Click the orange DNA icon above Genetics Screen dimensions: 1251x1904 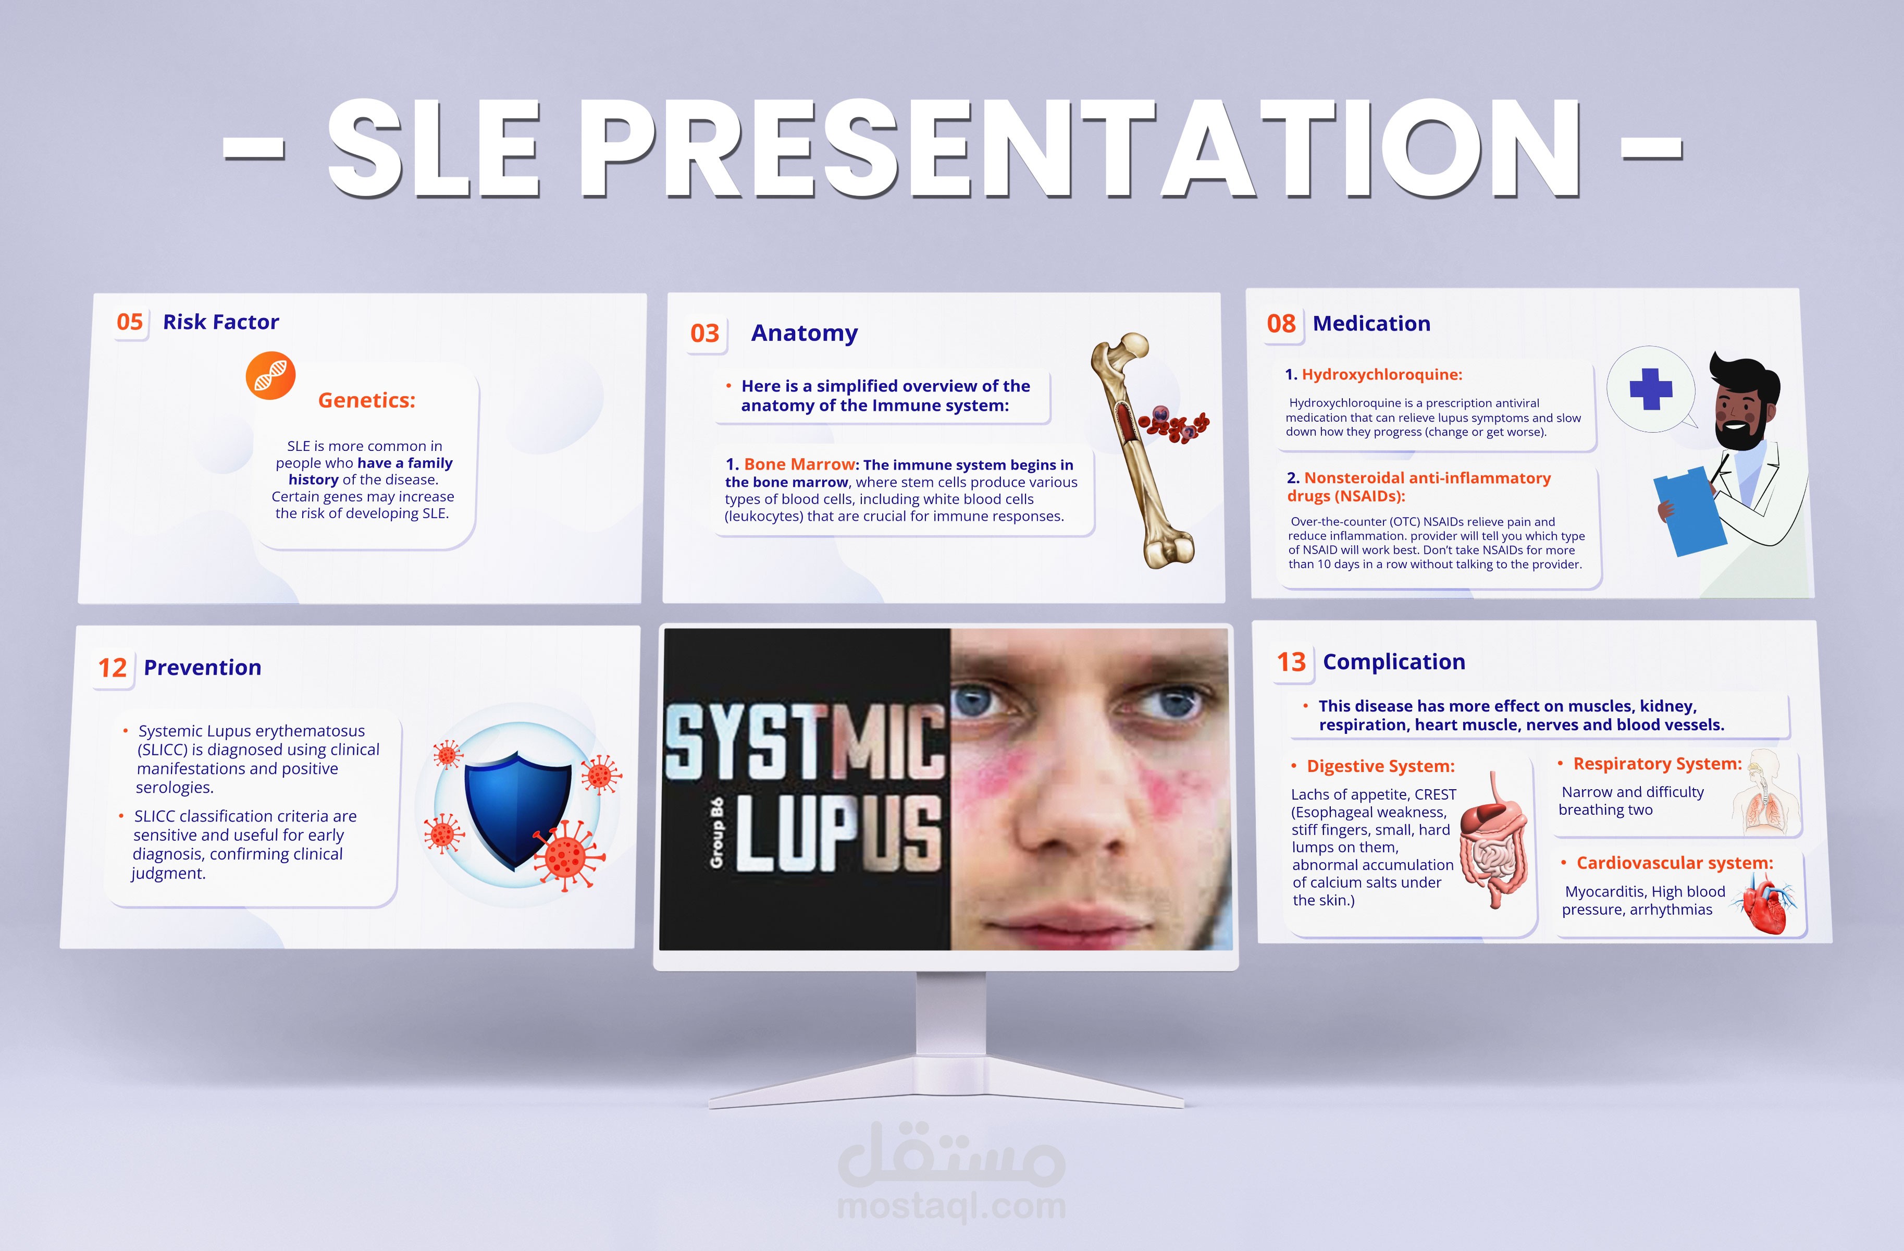pyautogui.click(x=270, y=375)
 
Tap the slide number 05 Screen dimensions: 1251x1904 pyautogui.click(x=130, y=322)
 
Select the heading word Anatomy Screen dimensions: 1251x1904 pyautogui.click(x=804, y=333)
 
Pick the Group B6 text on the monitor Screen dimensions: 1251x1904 pyautogui.click(x=717, y=832)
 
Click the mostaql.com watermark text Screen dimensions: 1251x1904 pyautogui.click(x=951, y=1206)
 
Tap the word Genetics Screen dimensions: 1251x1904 pyautogui.click(x=366, y=400)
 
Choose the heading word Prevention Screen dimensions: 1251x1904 pyautogui.click(x=202, y=668)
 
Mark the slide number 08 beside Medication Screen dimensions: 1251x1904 pyautogui.click(x=1281, y=323)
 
